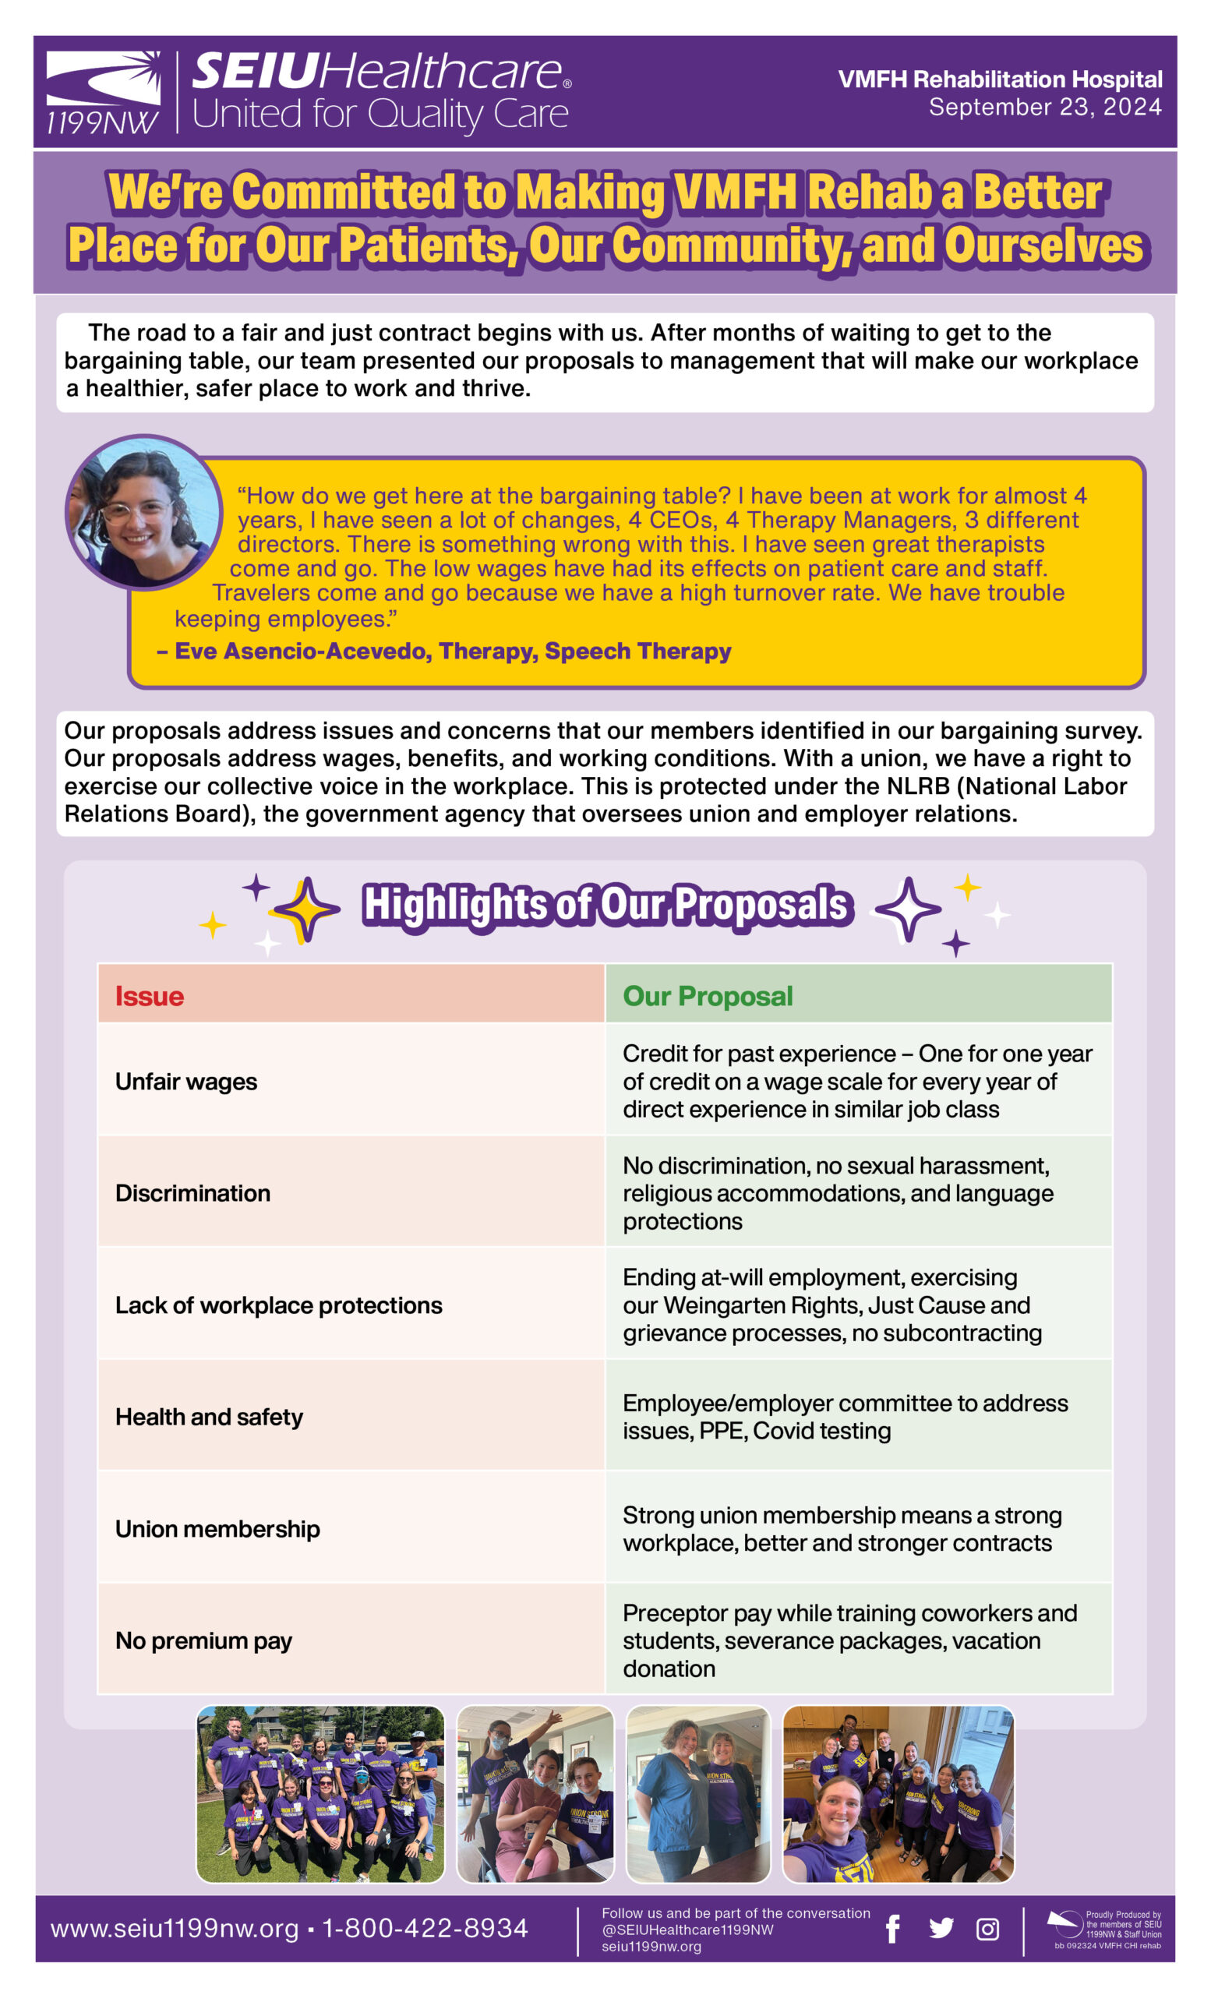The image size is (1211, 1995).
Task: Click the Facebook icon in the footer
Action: point(893,1930)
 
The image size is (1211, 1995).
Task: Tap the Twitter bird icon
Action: point(941,1929)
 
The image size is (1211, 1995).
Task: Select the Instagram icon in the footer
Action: point(987,1930)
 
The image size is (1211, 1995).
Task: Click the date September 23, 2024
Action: point(1045,108)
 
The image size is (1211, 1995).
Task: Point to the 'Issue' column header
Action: point(150,996)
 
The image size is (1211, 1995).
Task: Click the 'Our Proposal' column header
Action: point(708,996)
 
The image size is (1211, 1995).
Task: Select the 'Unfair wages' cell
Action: point(186,1082)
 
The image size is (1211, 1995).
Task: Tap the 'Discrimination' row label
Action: point(192,1193)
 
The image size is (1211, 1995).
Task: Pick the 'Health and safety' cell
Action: point(209,1417)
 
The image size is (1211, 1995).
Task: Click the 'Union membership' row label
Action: point(217,1529)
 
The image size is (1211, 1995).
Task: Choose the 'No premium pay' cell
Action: point(203,1640)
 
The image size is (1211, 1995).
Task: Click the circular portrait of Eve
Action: point(143,513)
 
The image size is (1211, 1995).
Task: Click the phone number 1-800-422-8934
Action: point(425,1929)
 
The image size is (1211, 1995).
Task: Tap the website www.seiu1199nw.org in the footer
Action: point(175,1929)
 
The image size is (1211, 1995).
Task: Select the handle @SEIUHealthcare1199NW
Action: point(687,1930)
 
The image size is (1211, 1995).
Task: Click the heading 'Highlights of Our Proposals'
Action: point(605,906)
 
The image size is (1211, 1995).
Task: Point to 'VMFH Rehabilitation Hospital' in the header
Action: point(1000,79)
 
